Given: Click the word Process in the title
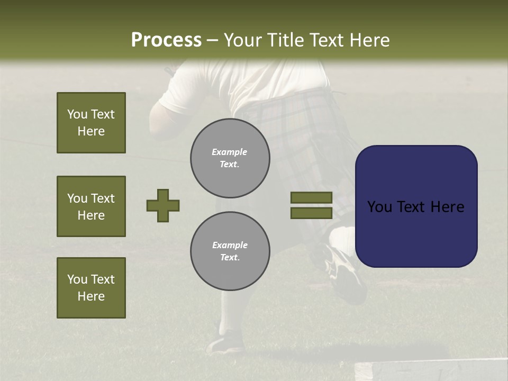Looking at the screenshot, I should pos(166,40).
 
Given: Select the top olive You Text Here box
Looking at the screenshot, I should pos(91,123).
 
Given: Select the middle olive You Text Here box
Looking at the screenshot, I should pos(91,206).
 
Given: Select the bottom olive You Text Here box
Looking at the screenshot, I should pos(91,287).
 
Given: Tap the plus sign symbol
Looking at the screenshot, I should pos(163,205).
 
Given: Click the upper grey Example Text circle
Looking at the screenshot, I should pos(230,158).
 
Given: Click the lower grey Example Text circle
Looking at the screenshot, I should pos(230,251).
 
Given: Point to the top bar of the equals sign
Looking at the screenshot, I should pos(311,197).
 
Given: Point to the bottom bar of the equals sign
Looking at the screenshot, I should pos(311,213).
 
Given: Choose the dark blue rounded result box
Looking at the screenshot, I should pos(416,206).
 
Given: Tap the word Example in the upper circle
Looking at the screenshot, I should pos(230,152).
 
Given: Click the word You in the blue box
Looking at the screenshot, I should pos(379,206).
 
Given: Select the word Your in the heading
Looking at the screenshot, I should pos(244,40).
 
